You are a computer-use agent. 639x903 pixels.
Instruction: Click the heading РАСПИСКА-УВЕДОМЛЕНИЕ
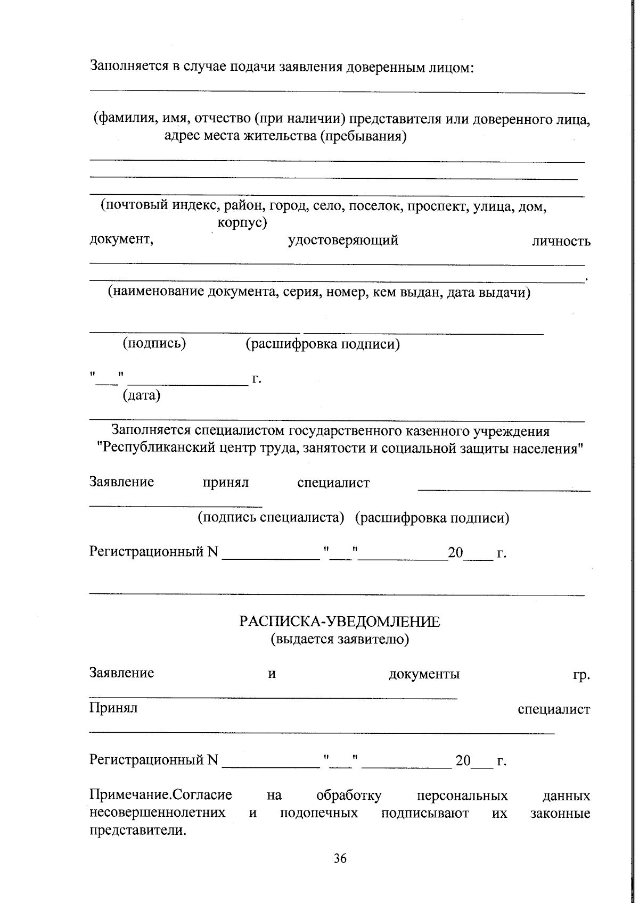point(340,622)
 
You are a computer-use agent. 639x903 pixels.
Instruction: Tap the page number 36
point(340,858)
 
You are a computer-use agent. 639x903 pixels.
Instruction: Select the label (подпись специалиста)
point(271,517)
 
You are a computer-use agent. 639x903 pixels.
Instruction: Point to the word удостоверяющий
point(343,240)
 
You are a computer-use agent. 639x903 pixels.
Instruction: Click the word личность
point(561,241)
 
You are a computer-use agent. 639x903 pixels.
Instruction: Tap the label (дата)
point(142,395)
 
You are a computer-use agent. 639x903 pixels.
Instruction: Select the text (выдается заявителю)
point(340,639)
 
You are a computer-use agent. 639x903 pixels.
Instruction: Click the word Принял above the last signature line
point(113,708)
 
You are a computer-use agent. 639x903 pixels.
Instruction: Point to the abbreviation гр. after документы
point(581,675)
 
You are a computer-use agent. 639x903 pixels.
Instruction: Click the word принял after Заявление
point(226,483)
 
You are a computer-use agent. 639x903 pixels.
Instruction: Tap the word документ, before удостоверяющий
point(121,239)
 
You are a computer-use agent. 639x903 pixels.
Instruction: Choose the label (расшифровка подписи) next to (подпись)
point(323,344)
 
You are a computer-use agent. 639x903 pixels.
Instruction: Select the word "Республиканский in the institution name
point(157,448)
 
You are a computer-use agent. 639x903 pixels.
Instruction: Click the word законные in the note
point(560,813)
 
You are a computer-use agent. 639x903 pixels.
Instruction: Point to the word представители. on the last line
point(138,831)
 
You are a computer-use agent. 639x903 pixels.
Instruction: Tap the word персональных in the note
point(462,796)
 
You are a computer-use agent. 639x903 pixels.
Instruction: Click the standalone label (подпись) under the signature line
point(154,343)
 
